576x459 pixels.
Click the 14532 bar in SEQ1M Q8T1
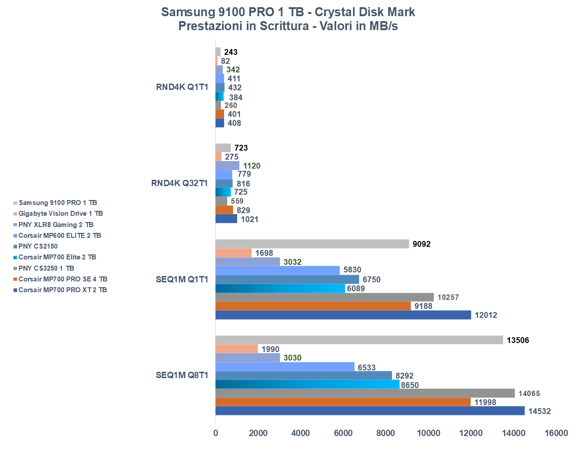click(x=370, y=411)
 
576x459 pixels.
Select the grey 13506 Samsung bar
click(x=359, y=340)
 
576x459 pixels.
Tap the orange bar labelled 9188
click(x=313, y=306)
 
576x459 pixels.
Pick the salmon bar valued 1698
click(x=234, y=253)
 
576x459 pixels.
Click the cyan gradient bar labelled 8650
click(x=307, y=384)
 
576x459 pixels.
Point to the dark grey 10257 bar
click(x=324, y=297)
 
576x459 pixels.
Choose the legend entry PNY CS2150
click(x=38, y=246)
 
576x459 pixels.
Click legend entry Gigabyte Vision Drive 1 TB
click(x=61, y=214)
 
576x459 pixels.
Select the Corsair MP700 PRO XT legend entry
click(x=63, y=290)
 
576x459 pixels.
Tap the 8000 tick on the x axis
click(x=386, y=433)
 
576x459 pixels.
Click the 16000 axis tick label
click(x=556, y=433)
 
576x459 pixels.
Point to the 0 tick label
click(x=216, y=433)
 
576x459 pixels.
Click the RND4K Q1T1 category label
click(x=182, y=87)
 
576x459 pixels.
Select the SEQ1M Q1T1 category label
click(x=182, y=280)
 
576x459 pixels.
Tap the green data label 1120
click(x=252, y=166)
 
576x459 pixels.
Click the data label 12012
click(x=486, y=315)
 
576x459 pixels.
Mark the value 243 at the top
click(x=231, y=52)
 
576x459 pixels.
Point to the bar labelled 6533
click(x=285, y=367)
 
